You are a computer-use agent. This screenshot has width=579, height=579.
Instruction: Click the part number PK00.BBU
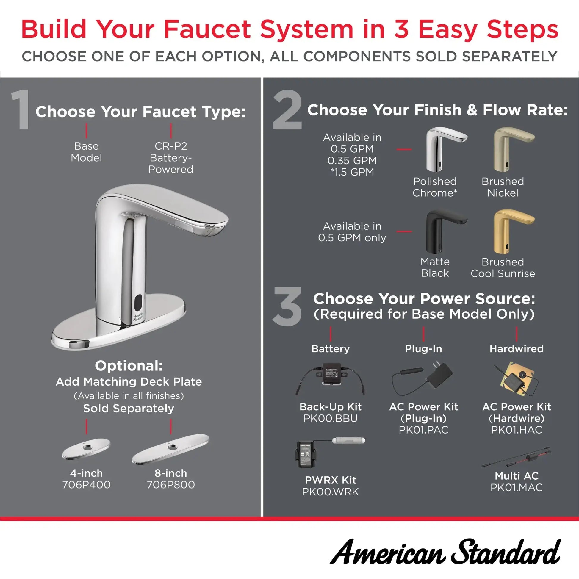pyautogui.click(x=330, y=418)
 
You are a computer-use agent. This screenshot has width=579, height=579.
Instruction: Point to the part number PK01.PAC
pyautogui.click(x=423, y=430)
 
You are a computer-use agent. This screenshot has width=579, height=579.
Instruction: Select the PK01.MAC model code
pyautogui.click(x=516, y=488)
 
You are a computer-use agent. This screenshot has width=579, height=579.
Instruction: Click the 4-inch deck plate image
pyautogui.click(x=86, y=449)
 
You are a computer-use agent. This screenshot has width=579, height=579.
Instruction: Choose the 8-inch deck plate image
pyautogui.click(x=170, y=449)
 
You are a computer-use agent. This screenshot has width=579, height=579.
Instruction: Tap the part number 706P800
pyautogui.click(x=170, y=485)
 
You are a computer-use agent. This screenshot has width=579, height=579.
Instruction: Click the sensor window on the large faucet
pyautogui.click(x=138, y=302)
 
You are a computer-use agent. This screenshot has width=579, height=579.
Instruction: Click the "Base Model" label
pyautogui.click(x=86, y=152)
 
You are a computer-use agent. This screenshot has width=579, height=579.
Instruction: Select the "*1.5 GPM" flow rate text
pyautogui.click(x=352, y=172)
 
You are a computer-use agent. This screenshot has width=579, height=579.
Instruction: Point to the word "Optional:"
pyautogui.click(x=129, y=366)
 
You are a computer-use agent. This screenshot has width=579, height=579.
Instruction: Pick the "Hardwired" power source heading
pyautogui.click(x=516, y=348)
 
